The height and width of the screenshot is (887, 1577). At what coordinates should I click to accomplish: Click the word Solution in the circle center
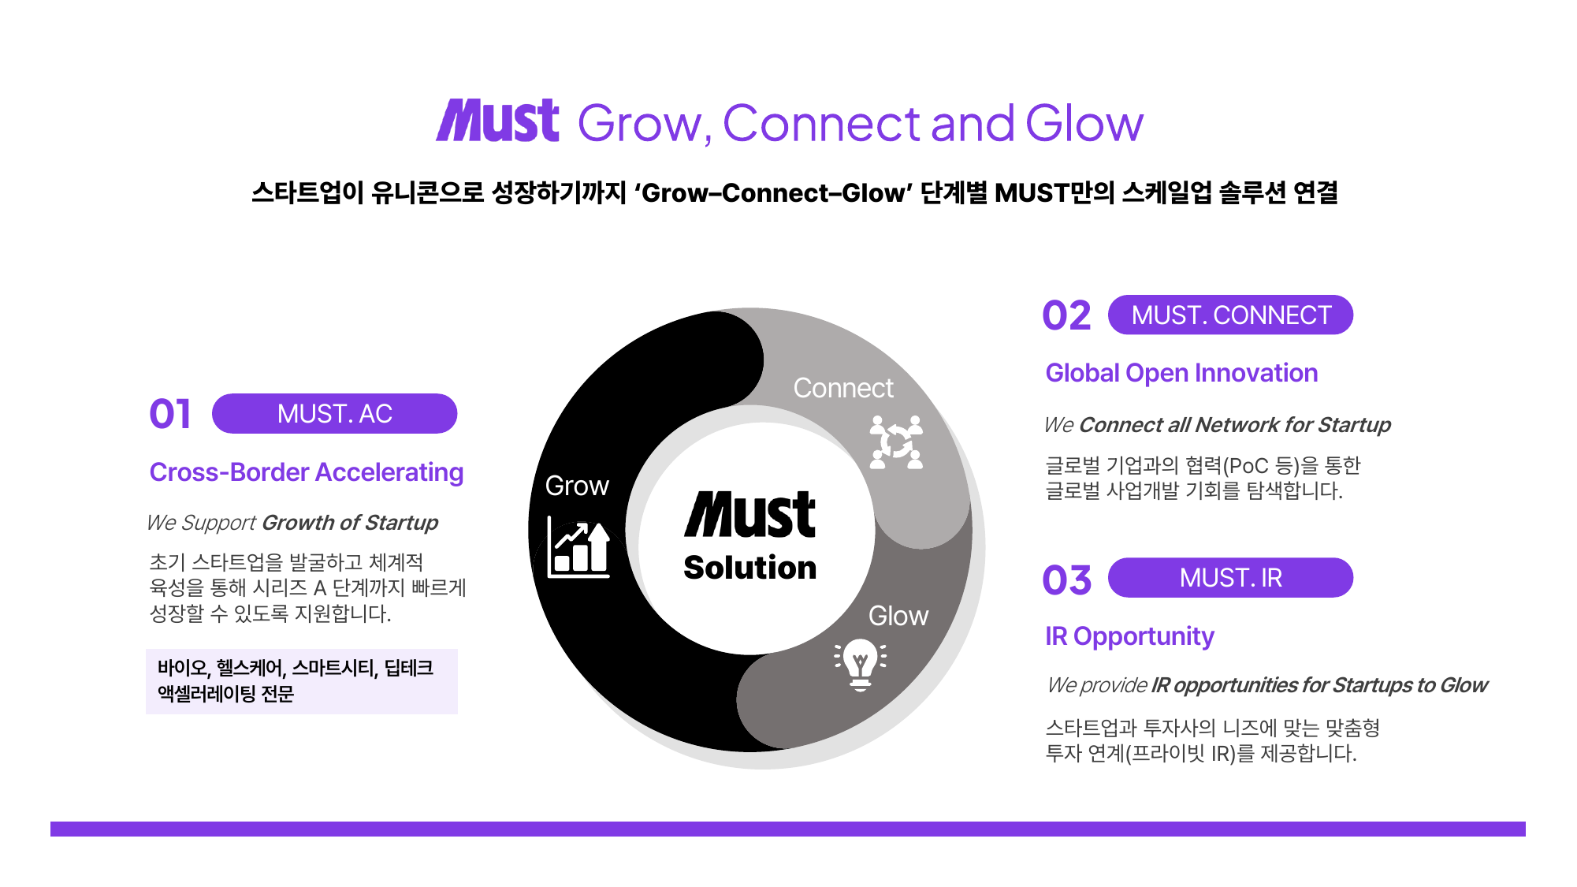(750, 568)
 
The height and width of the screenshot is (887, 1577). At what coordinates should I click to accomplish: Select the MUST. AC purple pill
(334, 414)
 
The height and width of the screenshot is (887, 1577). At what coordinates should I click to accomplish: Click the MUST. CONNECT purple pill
(1230, 315)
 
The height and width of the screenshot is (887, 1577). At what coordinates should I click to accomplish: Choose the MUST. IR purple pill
(1230, 578)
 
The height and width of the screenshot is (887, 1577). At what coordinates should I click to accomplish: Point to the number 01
(170, 414)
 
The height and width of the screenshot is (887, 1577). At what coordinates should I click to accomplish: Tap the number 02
(1066, 315)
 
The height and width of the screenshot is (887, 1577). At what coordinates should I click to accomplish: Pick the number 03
(1066, 580)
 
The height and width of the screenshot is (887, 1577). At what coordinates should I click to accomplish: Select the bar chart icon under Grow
(578, 547)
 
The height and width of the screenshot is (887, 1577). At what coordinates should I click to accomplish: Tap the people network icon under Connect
(896, 442)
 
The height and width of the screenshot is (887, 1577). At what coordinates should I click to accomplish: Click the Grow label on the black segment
(577, 486)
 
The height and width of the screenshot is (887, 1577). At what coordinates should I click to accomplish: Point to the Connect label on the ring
(843, 388)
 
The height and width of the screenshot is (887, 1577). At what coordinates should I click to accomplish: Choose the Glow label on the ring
(898, 616)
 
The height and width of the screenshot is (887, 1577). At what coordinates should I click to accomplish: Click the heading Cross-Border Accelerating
(307, 472)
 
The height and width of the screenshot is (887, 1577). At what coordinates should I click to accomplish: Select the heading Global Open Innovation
(1181, 373)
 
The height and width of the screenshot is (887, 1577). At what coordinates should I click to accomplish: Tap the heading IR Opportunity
(1129, 636)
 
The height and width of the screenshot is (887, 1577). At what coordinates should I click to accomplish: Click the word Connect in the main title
(821, 123)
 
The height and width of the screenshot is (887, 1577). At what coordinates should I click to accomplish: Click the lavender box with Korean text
(302, 681)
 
